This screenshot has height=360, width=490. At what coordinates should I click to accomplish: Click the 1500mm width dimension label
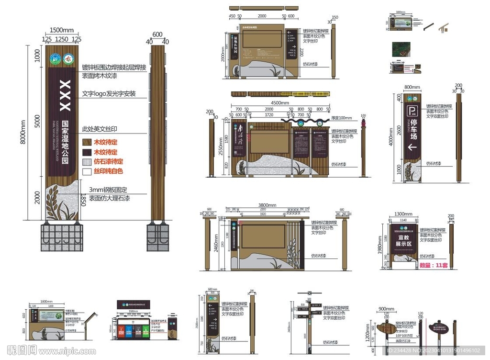(x=61, y=30)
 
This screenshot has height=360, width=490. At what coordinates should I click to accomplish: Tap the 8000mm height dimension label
(x=23, y=134)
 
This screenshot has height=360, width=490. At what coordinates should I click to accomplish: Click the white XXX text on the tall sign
(x=65, y=96)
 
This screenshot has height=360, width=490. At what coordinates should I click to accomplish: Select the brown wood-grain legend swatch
(x=87, y=142)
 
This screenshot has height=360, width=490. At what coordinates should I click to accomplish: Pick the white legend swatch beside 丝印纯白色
(x=87, y=171)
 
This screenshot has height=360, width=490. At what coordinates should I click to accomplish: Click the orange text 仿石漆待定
(x=108, y=162)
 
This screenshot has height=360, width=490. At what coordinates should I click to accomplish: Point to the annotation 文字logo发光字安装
(x=109, y=94)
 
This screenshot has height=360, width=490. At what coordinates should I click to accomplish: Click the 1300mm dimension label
(x=403, y=214)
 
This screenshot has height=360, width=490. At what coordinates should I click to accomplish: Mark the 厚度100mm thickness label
(x=342, y=118)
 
